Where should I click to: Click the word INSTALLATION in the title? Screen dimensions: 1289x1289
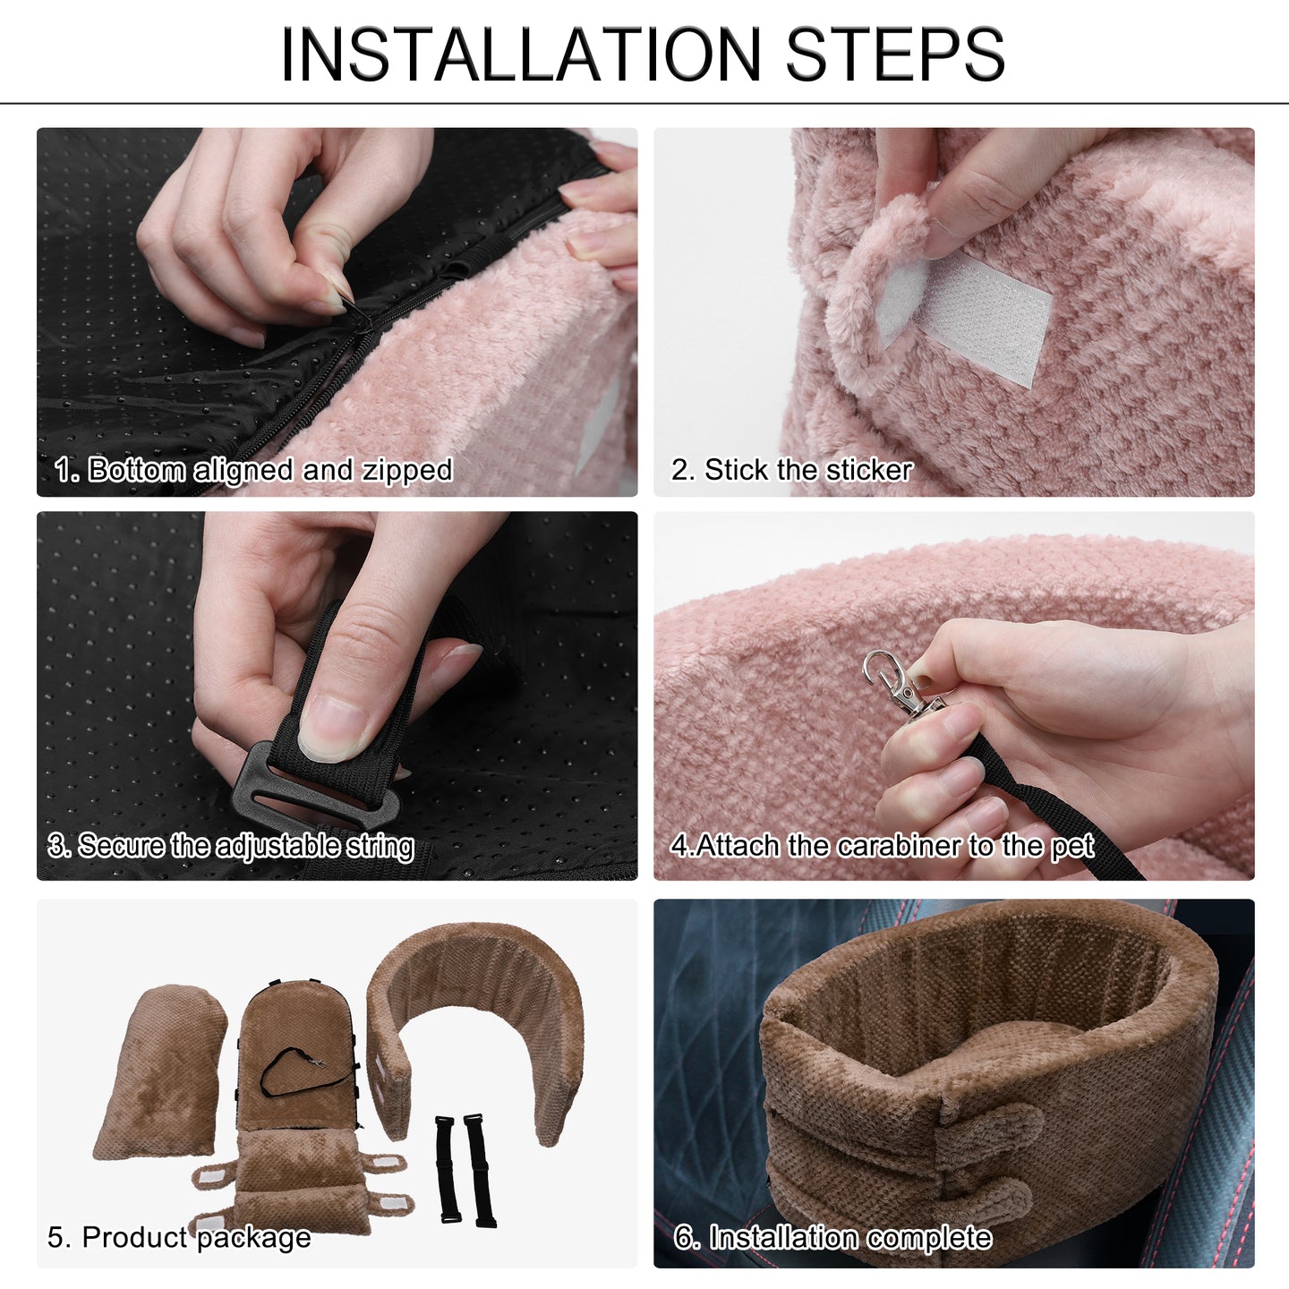point(521,55)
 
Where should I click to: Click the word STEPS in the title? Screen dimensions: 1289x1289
point(895,55)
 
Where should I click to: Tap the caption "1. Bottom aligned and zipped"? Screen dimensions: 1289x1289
point(253,470)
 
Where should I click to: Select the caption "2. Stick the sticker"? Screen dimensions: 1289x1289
point(792,470)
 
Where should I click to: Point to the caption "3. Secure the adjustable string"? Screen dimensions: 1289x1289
point(231,846)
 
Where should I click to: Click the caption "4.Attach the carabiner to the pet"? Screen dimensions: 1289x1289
point(883,846)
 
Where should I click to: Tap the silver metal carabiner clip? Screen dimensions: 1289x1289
point(900,682)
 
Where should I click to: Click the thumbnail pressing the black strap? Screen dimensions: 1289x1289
point(332,727)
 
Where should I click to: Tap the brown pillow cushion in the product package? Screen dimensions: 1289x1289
point(159,1071)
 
